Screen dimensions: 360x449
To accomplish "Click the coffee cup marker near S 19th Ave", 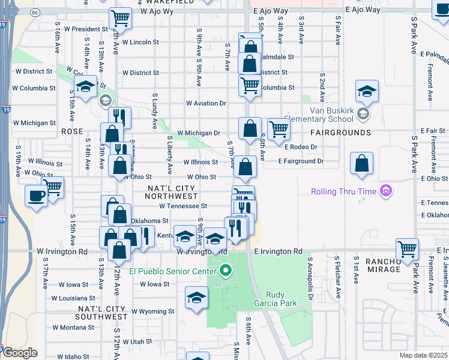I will point(36,196).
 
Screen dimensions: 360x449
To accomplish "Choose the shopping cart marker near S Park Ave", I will point(408,248).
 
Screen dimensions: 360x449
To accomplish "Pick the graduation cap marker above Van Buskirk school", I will point(367,92).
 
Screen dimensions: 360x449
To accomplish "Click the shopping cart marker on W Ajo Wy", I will point(121,20).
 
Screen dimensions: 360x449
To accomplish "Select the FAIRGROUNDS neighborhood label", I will point(340,132).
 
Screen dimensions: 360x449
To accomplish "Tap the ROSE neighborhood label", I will point(71,131).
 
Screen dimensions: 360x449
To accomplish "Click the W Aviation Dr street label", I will point(206,103).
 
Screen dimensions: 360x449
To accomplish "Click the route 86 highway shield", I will point(35,11).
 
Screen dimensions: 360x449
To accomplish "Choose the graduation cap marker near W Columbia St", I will point(85,86).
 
